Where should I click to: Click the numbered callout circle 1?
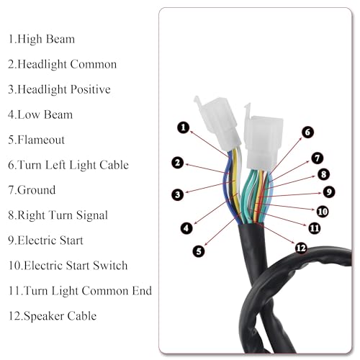point(184,127)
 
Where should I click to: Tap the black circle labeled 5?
point(199,251)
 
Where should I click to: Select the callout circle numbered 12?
point(301,248)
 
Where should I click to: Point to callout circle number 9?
point(329,192)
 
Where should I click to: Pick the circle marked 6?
point(307,132)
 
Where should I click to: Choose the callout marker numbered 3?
point(178,194)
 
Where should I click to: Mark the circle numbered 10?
point(323,212)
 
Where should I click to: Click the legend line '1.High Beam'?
point(42,40)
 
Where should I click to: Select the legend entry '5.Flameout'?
point(37,140)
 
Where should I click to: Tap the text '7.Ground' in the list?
point(32,190)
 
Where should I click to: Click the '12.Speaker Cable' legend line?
point(53,316)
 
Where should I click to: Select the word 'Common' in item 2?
point(94,64)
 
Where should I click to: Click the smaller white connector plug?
point(218,123)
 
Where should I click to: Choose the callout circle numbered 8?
point(323,174)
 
